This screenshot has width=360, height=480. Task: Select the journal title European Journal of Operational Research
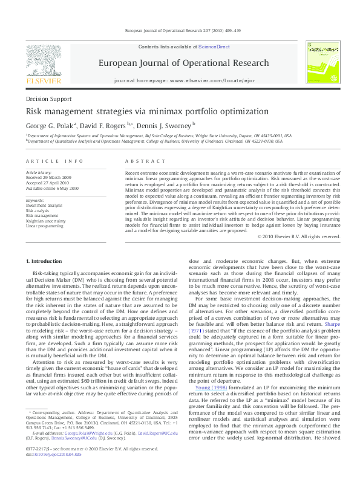tap(183, 63)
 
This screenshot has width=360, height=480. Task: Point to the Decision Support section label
tap(48, 98)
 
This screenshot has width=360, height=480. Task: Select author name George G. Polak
tap(50, 126)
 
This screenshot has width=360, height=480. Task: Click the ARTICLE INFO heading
tap(54, 161)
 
